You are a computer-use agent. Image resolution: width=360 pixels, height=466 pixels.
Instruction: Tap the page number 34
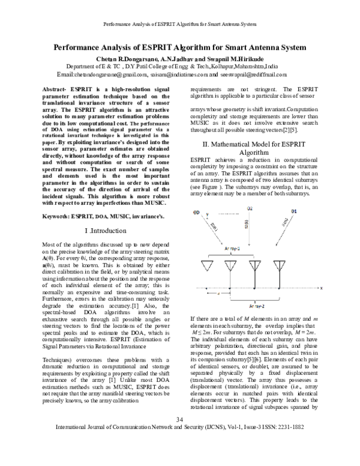point(179,435)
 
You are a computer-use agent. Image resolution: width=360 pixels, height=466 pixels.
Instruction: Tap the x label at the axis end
point(322,288)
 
